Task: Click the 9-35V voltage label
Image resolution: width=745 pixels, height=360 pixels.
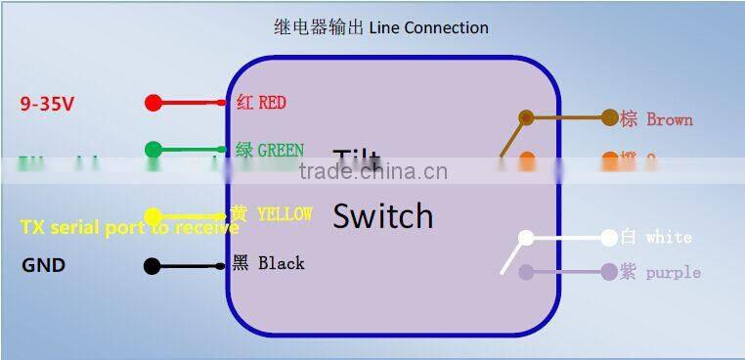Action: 47,104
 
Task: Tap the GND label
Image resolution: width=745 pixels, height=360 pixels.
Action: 43,265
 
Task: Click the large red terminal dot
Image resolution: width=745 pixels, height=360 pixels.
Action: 153,103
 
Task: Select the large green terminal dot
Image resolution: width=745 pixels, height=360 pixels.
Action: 153,150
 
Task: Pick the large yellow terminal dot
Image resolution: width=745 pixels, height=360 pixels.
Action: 153,215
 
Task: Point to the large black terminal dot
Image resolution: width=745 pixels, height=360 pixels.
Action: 152,265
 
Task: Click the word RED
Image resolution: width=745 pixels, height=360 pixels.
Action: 272,103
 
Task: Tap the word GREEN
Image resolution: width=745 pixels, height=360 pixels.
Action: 281,151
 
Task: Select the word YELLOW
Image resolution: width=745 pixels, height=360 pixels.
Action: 285,214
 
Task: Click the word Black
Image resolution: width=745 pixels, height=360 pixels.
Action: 281,263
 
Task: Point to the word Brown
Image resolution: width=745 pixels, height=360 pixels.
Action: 670,119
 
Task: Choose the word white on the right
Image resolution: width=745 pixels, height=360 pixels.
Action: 668,237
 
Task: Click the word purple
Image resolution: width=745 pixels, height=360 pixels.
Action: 673,272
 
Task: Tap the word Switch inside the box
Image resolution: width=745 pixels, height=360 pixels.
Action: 382,216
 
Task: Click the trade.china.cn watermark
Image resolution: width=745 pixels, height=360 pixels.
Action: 372,173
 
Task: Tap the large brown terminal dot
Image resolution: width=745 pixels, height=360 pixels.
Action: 610,118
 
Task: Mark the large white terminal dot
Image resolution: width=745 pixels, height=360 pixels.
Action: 610,237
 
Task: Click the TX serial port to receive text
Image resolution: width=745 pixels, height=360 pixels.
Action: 129,228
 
